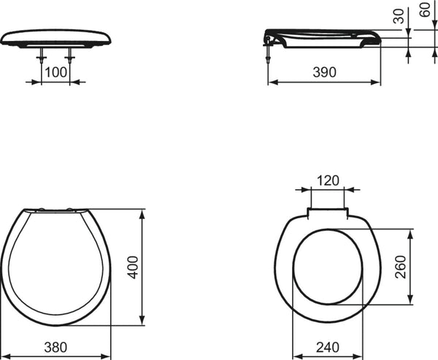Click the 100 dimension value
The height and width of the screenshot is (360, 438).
click(56, 72)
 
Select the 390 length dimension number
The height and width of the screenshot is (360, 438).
click(324, 72)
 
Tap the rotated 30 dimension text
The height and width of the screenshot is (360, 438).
click(399, 16)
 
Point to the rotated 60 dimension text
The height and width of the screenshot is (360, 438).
click(425, 9)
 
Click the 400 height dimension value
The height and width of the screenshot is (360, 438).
click(133, 267)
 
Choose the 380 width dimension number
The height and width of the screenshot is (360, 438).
click(55, 347)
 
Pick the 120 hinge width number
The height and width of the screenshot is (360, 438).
click(328, 180)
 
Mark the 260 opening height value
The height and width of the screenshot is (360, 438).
click(400, 267)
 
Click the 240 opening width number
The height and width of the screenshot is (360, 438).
click(328, 347)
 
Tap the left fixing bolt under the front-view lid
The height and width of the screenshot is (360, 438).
click(42, 55)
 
